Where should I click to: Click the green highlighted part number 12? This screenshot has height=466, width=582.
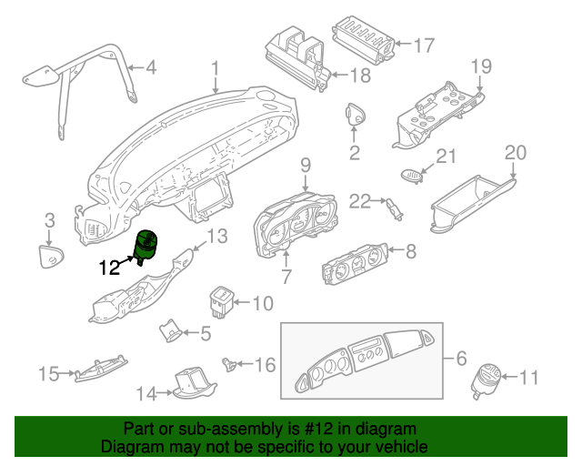(x=145, y=247)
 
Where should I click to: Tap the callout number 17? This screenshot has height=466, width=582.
(x=424, y=46)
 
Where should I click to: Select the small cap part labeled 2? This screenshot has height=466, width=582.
(x=356, y=114)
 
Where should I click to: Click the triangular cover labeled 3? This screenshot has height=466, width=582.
(x=51, y=256)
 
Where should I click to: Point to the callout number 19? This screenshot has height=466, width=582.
(x=481, y=66)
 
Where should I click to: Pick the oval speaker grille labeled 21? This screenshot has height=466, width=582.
(x=412, y=176)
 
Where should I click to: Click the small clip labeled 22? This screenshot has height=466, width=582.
(x=395, y=208)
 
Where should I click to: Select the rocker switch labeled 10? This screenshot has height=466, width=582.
(x=221, y=302)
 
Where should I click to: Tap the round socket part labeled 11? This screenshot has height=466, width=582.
(x=486, y=380)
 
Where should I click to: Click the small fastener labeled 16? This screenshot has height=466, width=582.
(x=229, y=364)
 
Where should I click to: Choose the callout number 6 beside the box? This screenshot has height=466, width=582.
(x=461, y=359)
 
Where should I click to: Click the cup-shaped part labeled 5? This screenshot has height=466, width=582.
(x=170, y=330)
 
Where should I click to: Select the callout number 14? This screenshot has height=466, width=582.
(x=146, y=393)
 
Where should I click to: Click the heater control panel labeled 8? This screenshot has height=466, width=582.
(x=355, y=263)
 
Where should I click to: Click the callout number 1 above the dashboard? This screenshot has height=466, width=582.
(x=216, y=70)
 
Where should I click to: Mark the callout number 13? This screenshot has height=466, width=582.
(x=216, y=236)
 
